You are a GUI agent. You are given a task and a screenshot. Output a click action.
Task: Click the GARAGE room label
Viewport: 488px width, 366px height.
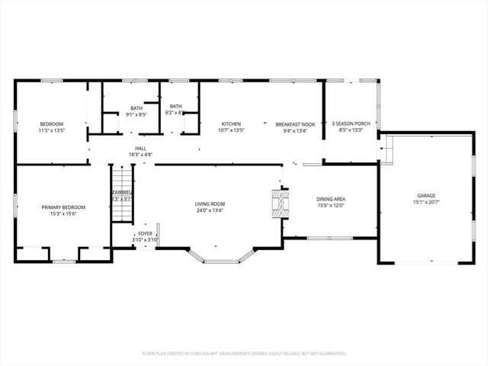point(425,196)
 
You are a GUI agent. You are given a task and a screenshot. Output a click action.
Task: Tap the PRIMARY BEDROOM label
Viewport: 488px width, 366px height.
point(63,207)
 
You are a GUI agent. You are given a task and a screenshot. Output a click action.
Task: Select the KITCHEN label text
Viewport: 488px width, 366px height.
point(231,124)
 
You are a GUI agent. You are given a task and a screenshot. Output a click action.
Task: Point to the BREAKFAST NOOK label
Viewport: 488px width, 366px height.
point(295,124)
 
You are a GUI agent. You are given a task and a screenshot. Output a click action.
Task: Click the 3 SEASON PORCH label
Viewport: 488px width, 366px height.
point(351,124)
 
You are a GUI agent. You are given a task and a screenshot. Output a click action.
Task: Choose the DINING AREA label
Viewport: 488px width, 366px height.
point(331,199)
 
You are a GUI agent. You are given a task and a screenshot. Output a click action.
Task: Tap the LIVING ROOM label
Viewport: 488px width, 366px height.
point(210,204)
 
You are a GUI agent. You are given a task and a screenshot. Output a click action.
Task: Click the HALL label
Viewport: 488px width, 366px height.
point(140,149)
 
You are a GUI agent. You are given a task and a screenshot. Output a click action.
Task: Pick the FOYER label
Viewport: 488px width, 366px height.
point(143,234)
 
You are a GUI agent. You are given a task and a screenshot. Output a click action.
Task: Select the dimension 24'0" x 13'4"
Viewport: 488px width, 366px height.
point(210,210)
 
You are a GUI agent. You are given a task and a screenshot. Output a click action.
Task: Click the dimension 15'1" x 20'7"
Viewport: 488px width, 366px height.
point(425,202)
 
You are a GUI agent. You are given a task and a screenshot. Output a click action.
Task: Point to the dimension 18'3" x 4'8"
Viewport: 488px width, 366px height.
point(140,155)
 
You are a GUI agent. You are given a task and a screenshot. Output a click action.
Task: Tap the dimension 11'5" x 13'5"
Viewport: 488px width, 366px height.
point(52,130)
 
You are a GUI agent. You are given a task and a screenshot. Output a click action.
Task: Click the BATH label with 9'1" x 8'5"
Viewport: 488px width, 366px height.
point(136,108)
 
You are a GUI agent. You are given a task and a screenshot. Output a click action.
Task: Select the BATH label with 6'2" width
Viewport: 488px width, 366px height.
point(176,106)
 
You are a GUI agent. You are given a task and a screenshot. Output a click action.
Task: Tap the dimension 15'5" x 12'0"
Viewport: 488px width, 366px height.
point(331,205)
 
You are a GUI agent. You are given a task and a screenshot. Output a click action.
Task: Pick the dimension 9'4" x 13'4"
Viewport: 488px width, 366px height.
point(295,130)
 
